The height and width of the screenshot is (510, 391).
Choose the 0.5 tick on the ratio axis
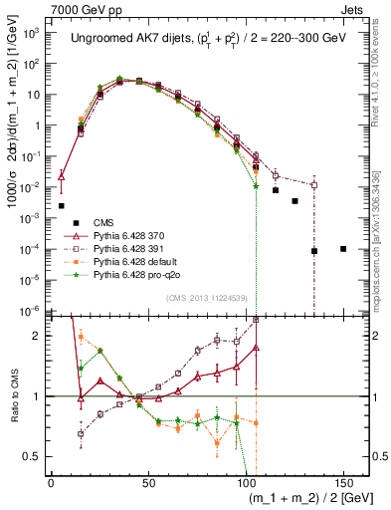click(x=33, y=456)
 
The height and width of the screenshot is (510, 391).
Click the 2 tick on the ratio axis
click(x=40, y=336)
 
